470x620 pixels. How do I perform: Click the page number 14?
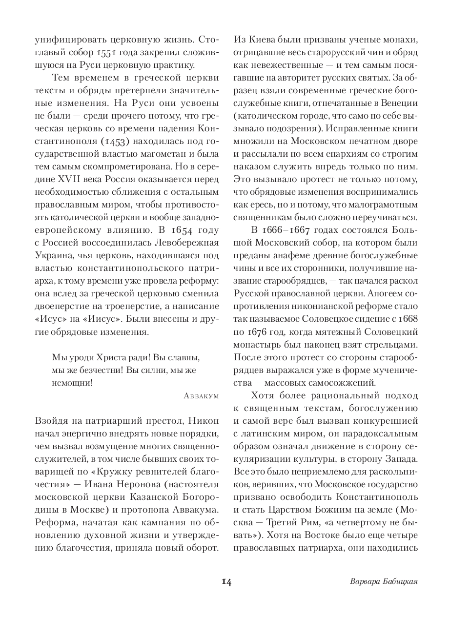tap(226, 581)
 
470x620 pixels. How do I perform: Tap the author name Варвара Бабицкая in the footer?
tap(385, 581)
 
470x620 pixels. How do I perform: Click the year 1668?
tap(408, 319)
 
